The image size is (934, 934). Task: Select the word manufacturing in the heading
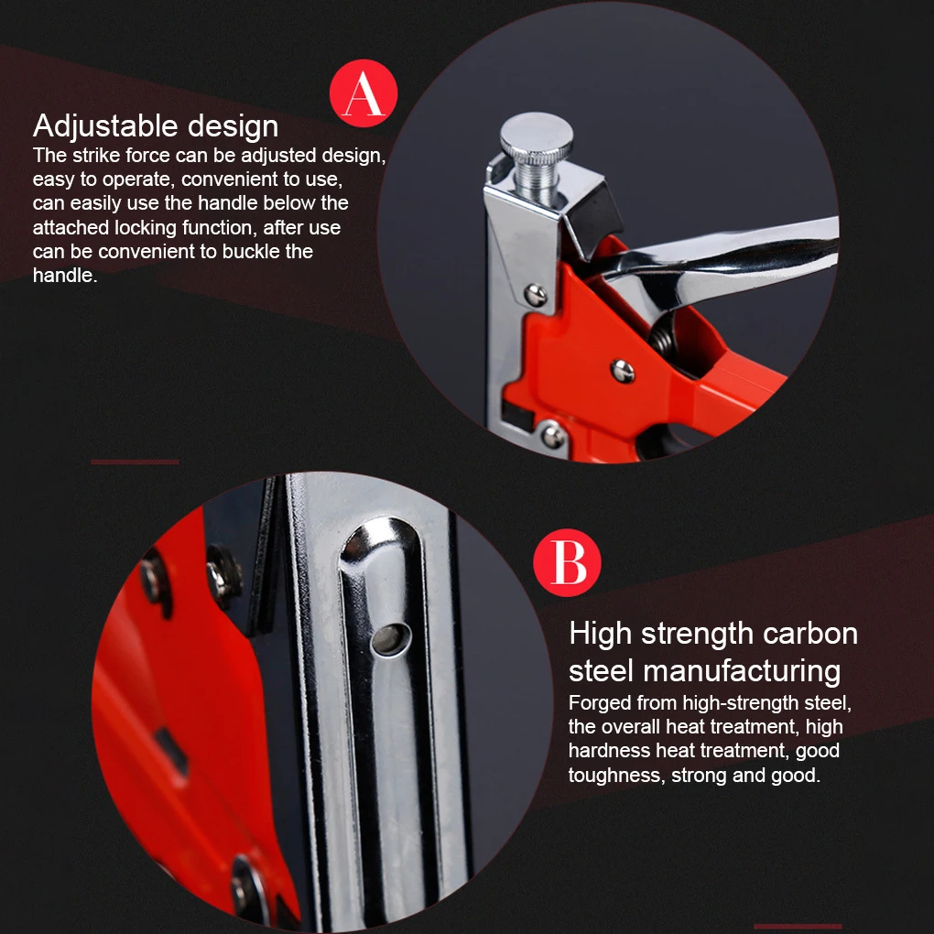tap(742, 670)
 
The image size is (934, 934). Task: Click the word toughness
tap(614, 775)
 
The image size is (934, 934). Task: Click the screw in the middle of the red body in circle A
tap(623, 371)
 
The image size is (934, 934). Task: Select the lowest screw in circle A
tap(552, 436)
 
